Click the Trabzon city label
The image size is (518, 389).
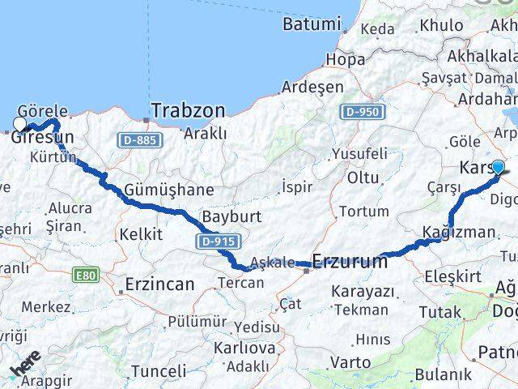(188, 109)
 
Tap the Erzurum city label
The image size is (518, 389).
(350, 262)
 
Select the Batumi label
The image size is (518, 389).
(311, 24)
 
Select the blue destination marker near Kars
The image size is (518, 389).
(498, 168)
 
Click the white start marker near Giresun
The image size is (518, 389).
(19, 124)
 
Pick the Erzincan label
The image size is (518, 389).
(159, 284)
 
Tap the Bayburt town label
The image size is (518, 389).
(228, 217)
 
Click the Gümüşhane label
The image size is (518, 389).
(169, 190)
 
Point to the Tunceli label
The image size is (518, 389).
(158, 371)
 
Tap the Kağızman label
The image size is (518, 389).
(458, 233)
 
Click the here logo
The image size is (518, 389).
(26, 367)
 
